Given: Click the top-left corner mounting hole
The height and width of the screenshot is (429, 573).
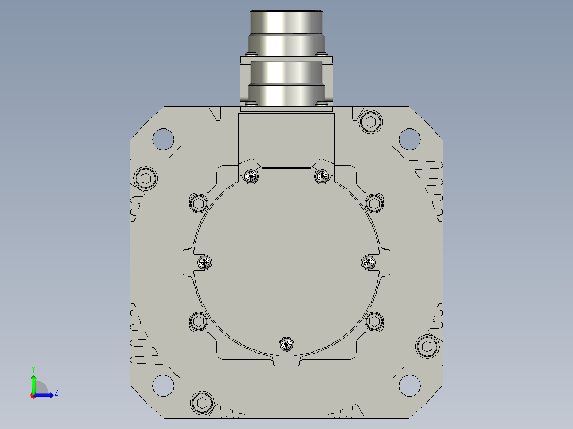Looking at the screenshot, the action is coord(163,139).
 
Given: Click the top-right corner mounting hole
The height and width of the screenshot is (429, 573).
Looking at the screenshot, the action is coord(410,139).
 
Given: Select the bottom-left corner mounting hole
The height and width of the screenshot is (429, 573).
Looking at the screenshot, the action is coord(163,385).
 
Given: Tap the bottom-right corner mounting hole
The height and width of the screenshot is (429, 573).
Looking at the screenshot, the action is coord(410,385).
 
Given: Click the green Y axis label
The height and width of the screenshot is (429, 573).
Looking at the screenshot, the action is coord(33,369).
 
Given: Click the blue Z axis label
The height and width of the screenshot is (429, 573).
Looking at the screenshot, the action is coord(57,392).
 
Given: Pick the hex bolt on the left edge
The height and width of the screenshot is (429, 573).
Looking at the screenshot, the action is coord(146,178).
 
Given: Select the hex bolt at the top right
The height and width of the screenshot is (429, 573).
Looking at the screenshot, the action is coord(370,122).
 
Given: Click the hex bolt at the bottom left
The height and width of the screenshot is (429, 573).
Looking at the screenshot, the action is coord(202,402).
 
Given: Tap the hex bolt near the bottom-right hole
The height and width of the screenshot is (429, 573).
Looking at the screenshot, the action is coord(427,347).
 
